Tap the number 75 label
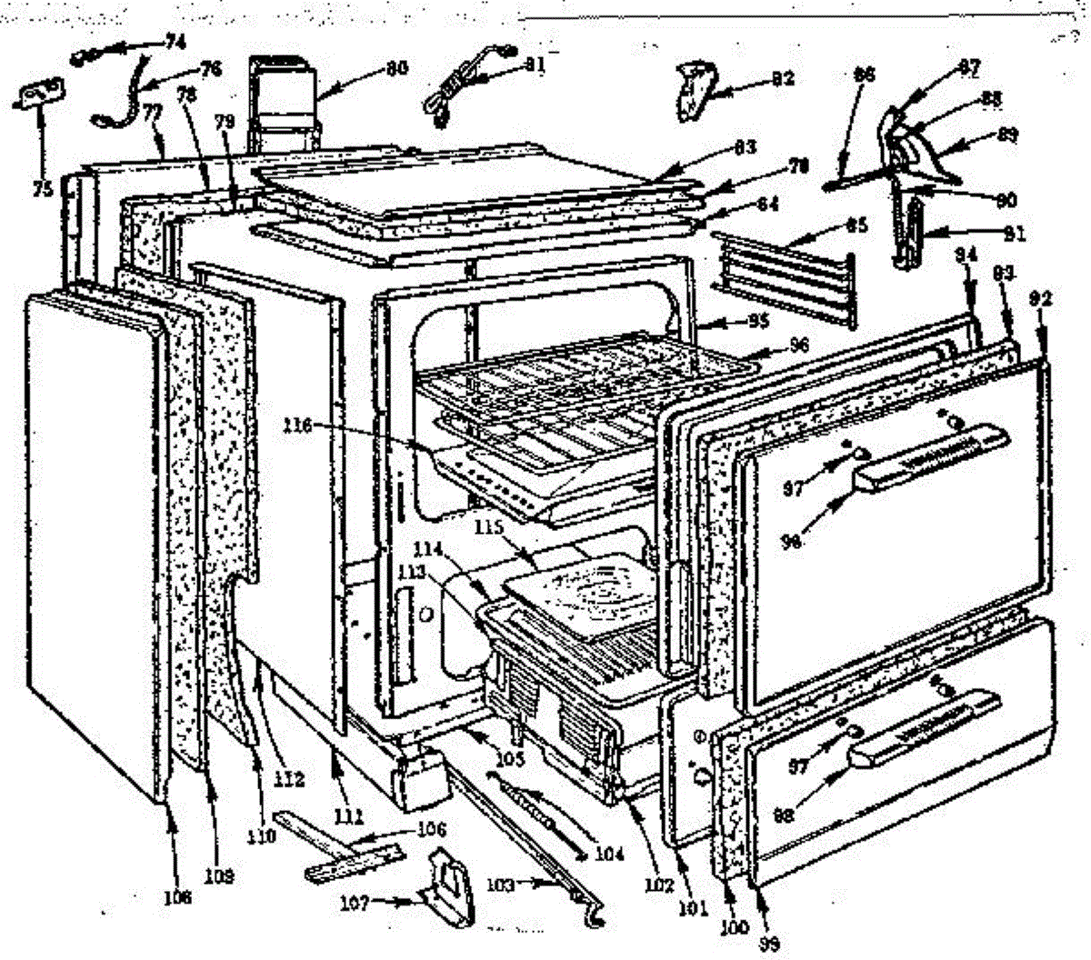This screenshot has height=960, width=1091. tap(40, 189)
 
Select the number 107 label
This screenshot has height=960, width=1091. tap(355, 903)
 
